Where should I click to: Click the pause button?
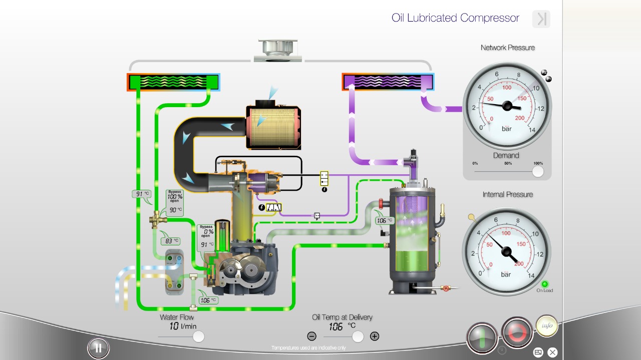[98, 348]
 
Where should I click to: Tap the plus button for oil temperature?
[374, 336]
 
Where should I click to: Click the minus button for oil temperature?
[311, 336]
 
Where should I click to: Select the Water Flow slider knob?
[198, 336]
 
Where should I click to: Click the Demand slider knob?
[538, 172]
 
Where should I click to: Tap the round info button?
[547, 325]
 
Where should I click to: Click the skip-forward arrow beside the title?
[541, 19]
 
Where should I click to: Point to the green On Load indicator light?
[545, 284]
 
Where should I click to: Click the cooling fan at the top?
[278, 51]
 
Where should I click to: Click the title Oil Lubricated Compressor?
[455, 18]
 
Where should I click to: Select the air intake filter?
[273, 127]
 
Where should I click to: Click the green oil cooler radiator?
[173, 82]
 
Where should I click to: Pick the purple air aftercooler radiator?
[388, 82]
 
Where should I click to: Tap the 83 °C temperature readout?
[169, 241]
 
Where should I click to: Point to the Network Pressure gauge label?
[507, 48]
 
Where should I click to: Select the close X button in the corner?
[552, 352]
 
